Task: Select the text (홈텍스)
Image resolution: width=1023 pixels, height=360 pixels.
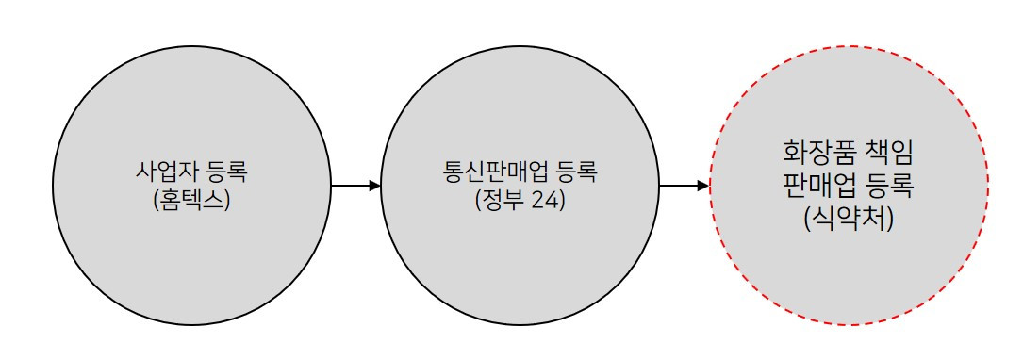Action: click(x=191, y=200)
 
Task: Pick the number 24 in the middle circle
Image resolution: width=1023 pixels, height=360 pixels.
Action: click(x=546, y=200)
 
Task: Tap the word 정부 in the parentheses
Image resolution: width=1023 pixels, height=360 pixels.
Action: click(x=504, y=200)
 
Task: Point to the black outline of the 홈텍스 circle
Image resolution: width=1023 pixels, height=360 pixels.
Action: click(x=192, y=43)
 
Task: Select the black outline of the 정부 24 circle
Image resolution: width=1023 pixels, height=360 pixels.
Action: click(x=520, y=43)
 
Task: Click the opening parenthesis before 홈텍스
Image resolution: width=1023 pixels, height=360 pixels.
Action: click(x=156, y=200)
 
